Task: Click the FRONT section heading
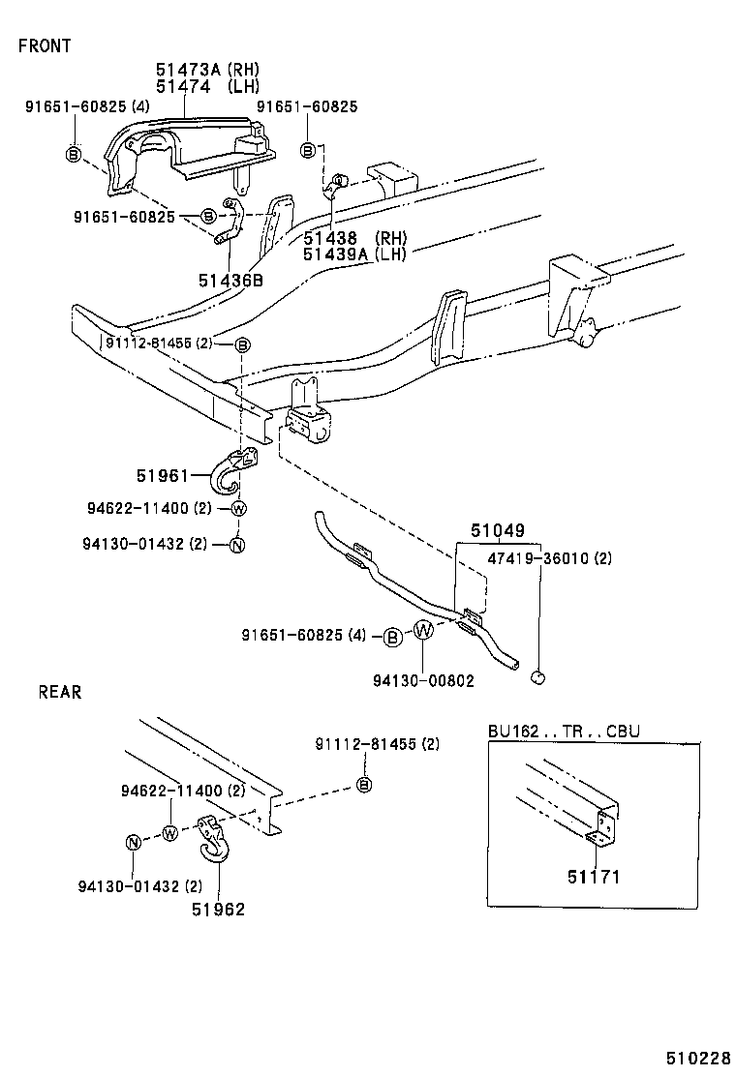(45, 45)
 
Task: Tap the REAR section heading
(60, 692)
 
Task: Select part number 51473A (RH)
(207, 70)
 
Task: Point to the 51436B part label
(230, 281)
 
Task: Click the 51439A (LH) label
(354, 254)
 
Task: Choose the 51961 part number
(162, 474)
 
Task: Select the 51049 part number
(498, 531)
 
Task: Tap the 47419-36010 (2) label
(549, 558)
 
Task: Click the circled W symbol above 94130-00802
(424, 631)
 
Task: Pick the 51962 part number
(217, 909)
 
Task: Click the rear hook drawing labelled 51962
(211, 838)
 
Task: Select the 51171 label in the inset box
(593, 878)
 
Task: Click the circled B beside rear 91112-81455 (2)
(364, 784)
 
